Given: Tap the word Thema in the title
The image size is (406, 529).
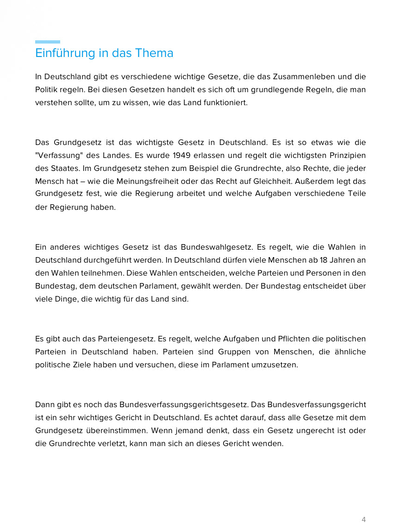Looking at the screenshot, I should [x=154, y=53].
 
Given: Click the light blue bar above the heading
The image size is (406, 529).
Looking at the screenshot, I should [x=48, y=42].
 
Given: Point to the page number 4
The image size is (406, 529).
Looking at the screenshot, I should [x=363, y=519].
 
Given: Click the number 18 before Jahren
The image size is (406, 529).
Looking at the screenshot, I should [x=324, y=260].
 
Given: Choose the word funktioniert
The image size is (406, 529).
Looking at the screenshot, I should [x=225, y=102].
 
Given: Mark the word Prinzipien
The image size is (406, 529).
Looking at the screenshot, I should [x=345, y=155].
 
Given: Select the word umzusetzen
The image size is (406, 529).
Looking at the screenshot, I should [x=275, y=365].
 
